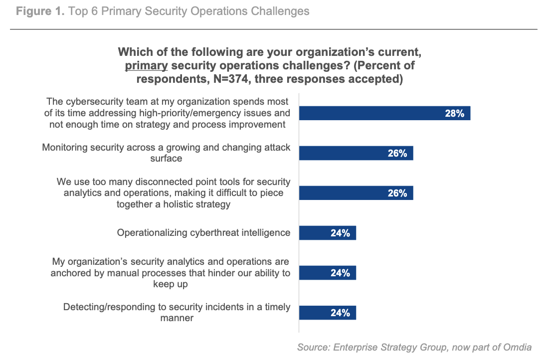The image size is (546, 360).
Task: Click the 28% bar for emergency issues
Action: (x=384, y=113)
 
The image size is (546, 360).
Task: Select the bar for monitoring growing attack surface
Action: (x=356, y=153)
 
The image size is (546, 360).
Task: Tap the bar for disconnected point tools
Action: (x=356, y=193)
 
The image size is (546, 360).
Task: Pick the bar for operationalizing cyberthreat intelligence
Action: (x=327, y=233)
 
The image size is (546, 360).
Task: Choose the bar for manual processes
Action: (x=327, y=273)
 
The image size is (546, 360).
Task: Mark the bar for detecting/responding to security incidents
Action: (x=327, y=313)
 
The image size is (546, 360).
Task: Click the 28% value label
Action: (x=454, y=114)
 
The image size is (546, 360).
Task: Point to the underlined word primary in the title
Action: (x=146, y=66)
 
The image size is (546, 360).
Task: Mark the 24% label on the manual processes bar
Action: (x=340, y=273)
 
